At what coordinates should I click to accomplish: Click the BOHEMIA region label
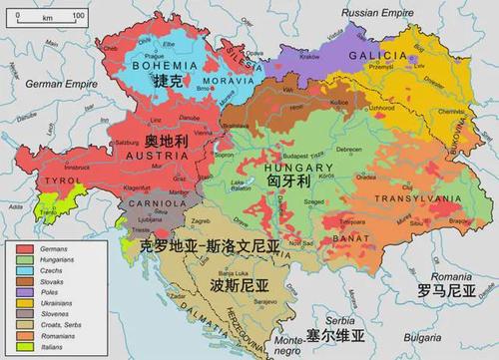155,66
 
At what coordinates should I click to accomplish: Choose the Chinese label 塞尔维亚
337,333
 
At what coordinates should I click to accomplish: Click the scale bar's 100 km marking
78,18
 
